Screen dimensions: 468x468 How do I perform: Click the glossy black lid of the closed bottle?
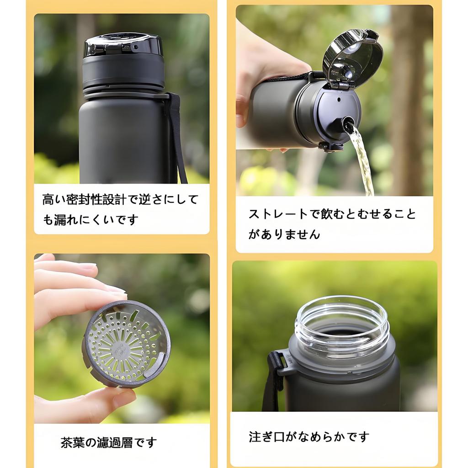[122, 45]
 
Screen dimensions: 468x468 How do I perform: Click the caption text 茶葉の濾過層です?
[108, 442]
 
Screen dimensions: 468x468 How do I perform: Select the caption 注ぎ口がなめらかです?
[309, 437]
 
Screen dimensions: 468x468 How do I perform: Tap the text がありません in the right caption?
[284, 234]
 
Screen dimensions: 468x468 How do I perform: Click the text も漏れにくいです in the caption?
[90, 220]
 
